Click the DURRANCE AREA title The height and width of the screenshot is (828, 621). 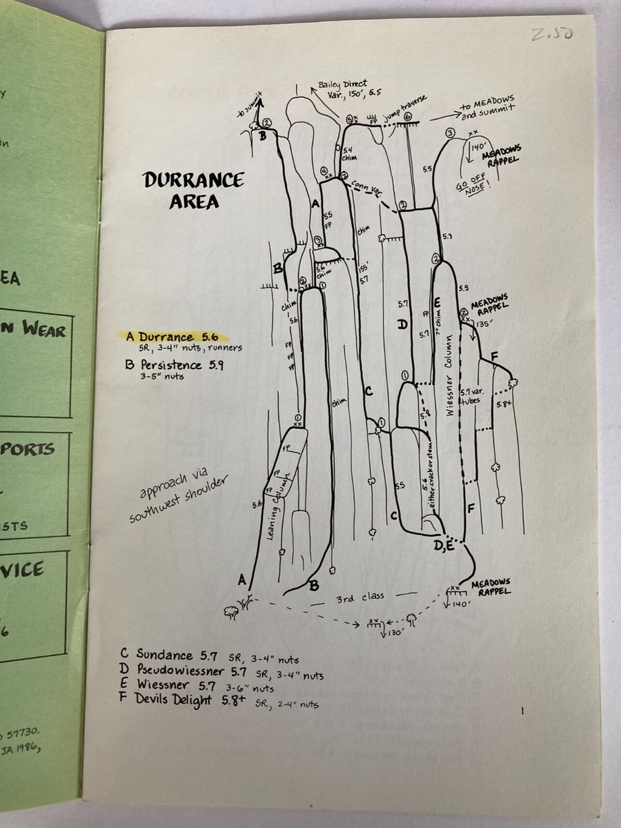click(x=193, y=190)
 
